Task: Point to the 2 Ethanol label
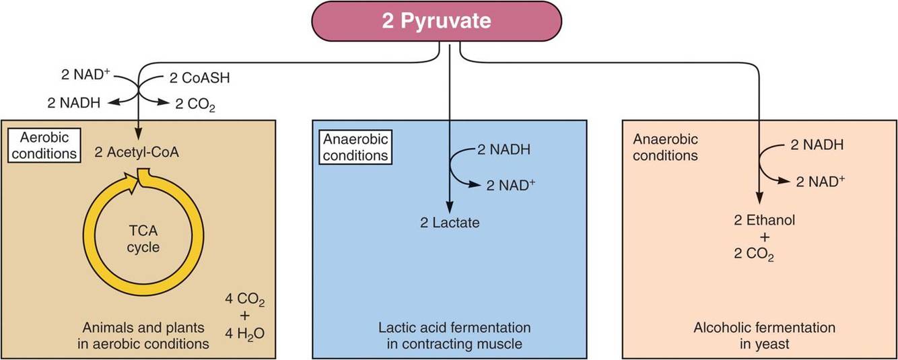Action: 759,220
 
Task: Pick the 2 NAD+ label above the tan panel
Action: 80,69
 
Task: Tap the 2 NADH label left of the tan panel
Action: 75,104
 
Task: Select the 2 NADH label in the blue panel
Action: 504,149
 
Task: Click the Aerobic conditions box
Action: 43,143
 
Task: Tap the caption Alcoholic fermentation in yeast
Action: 764,336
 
